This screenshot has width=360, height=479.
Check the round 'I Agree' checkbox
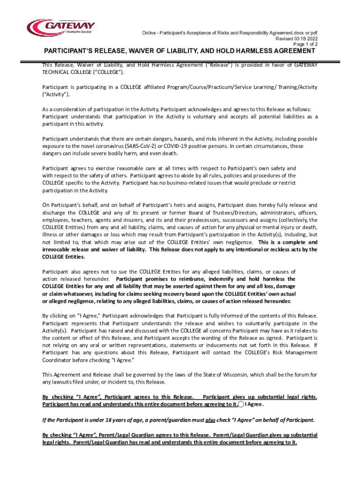click(241, 404)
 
